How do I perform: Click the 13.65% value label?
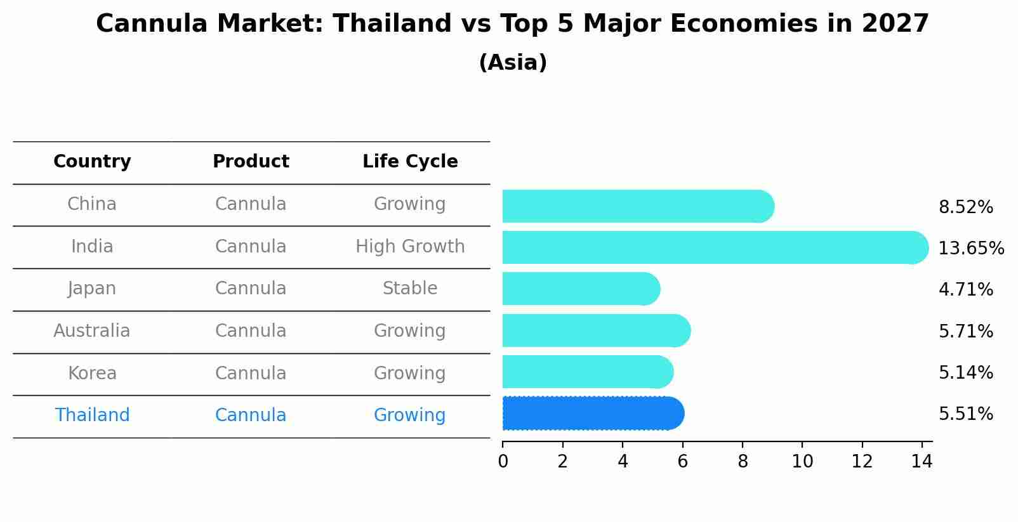(x=970, y=248)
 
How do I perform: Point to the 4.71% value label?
(x=965, y=290)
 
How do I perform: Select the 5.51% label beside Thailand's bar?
(x=965, y=414)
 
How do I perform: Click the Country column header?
(x=92, y=162)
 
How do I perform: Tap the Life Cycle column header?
(x=410, y=162)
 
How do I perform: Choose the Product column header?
(x=251, y=162)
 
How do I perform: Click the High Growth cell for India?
(x=410, y=247)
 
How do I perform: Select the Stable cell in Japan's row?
(x=410, y=289)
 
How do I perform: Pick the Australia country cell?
(x=92, y=331)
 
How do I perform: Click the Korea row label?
(x=92, y=374)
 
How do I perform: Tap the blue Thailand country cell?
(x=92, y=415)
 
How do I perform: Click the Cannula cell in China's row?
(x=251, y=204)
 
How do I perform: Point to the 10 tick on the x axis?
(x=802, y=462)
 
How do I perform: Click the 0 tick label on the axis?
(x=503, y=462)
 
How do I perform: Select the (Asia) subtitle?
(x=513, y=63)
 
